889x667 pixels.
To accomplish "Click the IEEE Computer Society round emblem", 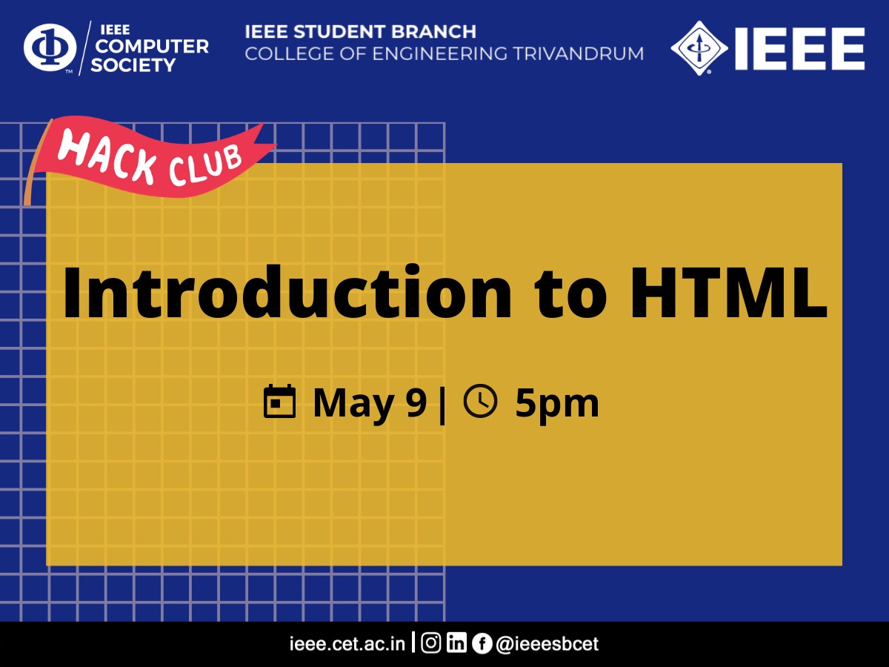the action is pos(50,47).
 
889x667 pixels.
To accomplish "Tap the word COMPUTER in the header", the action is pos(152,47).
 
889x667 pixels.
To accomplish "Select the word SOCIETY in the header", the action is pos(133,65).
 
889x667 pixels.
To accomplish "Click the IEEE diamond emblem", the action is pos(699,48).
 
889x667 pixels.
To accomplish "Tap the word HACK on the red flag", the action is pos(107,157).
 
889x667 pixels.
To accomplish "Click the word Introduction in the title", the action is pos(287,291).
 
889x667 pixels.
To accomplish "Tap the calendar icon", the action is pos(279,401).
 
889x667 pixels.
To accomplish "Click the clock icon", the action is pos(480,401).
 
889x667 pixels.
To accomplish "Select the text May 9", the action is pos(370,404).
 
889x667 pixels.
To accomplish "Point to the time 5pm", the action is pos(557,404).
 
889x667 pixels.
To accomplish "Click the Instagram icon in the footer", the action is pos(431,643).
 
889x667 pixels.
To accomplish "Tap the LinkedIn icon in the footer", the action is pos(456,643).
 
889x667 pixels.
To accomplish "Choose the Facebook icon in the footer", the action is pos(482,643).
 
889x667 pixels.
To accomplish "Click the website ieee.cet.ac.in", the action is pos(347,644).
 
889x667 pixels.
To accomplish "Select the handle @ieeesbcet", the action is pos(547,644).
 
